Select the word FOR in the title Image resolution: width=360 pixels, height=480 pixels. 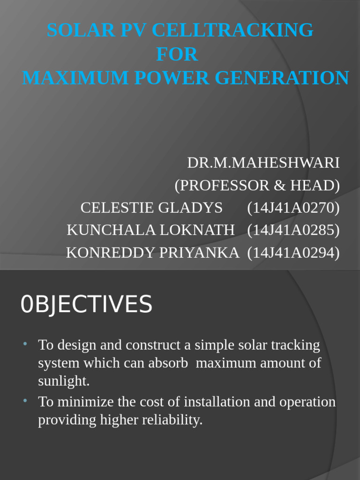(x=177, y=54)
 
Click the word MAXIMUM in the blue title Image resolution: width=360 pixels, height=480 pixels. (x=76, y=78)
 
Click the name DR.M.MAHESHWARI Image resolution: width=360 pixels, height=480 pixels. (x=263, y=163)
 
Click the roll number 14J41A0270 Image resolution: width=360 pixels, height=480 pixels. (x=293, y=208)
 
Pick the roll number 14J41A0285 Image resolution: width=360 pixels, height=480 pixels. (x=293, y=230)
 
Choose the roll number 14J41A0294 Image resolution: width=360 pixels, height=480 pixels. (x=293, y=253)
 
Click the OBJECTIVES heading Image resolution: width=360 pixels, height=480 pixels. (x=87, y=305)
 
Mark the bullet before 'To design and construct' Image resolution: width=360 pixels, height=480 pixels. (x=26, y=345)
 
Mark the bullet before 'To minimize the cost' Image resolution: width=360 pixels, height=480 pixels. (x=26, y=401)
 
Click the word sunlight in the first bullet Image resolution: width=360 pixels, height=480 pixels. (x=63, y=381)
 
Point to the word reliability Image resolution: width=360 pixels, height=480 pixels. (x=175, y=420)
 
